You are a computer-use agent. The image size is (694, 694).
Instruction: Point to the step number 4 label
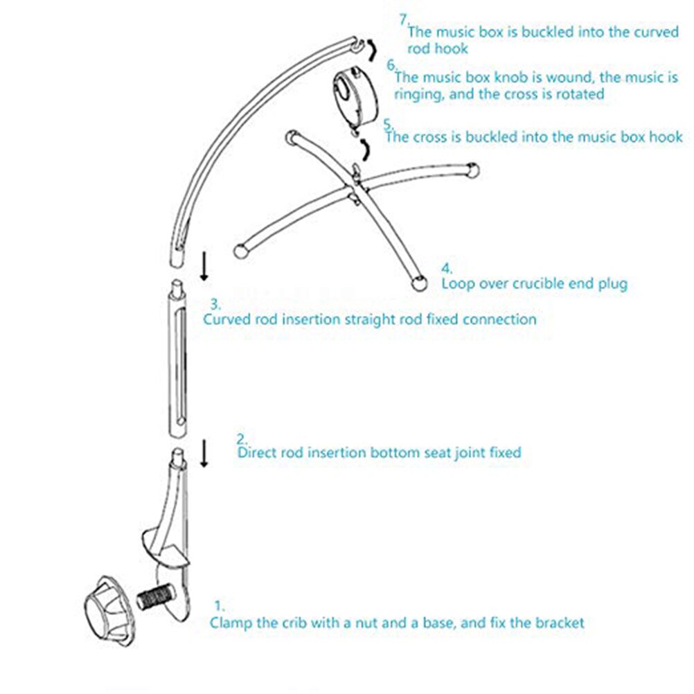tap(448, 268)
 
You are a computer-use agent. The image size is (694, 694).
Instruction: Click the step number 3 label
tap(215, 303)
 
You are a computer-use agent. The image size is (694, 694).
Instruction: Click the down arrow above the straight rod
tap(204, 266)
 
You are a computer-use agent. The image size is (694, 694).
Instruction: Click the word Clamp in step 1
tap(231, 623)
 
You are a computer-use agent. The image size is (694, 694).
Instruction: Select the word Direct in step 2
tap(258, 453)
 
